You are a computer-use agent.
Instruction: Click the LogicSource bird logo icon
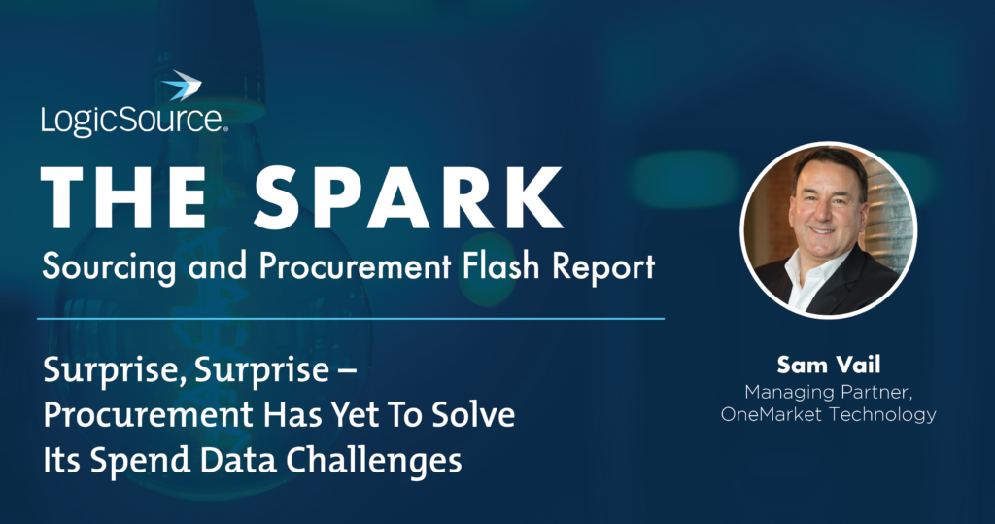182,87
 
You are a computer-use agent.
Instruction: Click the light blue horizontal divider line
351,318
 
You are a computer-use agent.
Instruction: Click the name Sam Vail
828,367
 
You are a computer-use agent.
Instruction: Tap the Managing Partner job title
828,392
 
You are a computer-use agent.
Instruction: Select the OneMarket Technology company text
828,415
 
